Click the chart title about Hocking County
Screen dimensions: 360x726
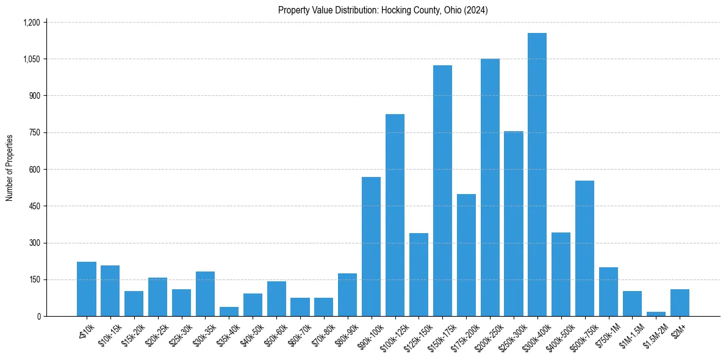click(x=383, y=10)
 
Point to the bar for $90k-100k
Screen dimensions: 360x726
click(x=371, y=247)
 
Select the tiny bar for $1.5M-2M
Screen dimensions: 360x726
click(x=656, y=314)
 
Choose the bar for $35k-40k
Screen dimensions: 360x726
click(x=229, y=312)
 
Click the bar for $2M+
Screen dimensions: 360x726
click(x=680, y=303)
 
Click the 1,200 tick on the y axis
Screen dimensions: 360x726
click(x=31, y=23)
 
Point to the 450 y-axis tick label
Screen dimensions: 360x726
click(x=34, y=206)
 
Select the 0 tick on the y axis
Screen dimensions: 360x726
click(x=38, y=316)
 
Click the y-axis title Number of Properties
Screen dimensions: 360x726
click(x=10, y=168)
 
